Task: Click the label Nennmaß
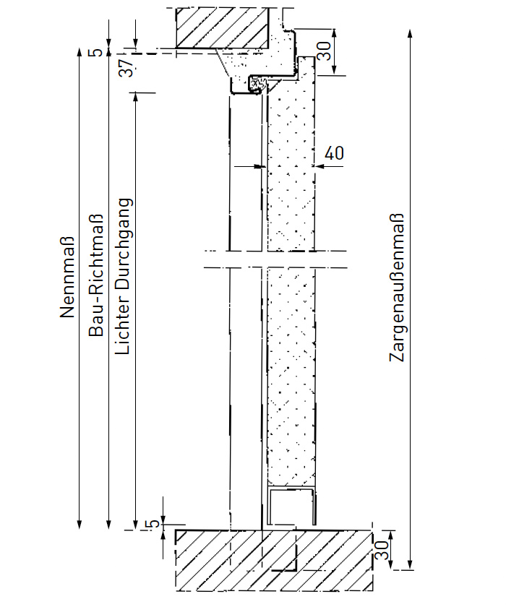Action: click(x=67, y=278)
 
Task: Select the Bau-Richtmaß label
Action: click(x=95, y=275)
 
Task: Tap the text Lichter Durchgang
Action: click(x=124, y=276)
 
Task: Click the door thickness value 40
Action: click(x=334, y=153)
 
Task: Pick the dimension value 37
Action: click(x=127, y=69)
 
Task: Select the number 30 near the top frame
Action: click(x=325, y=51)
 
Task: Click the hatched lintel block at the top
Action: click(x=223, y=29)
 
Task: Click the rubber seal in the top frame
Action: click(x=256, y=85)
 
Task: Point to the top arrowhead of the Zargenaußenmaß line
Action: click(x=411, y=33)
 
